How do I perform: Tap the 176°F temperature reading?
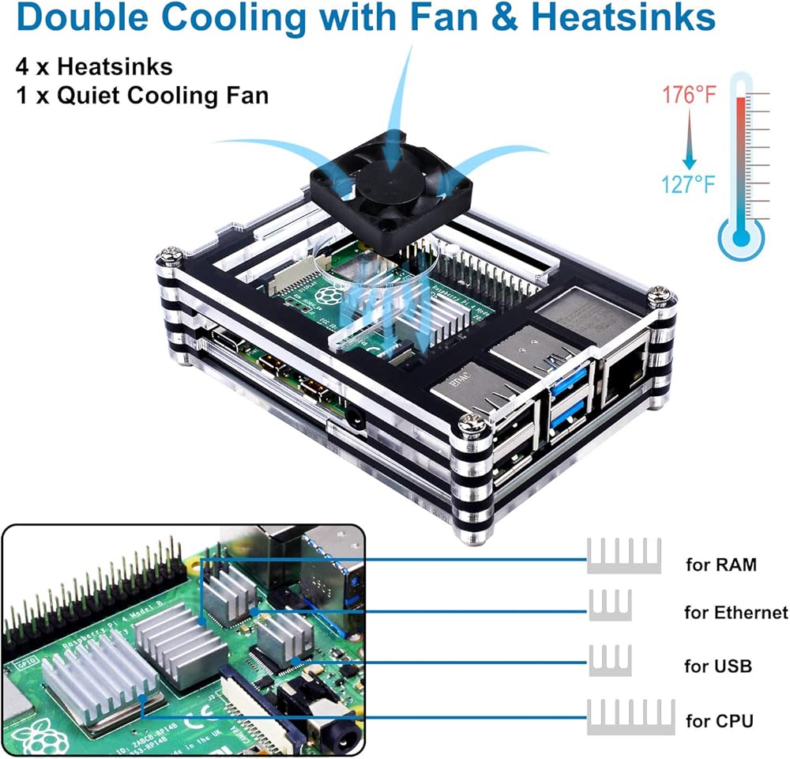690,96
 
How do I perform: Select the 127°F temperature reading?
689,184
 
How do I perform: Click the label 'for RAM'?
720,565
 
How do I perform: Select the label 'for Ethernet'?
735,612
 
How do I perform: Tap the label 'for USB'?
718,666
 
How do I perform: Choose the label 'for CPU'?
719,720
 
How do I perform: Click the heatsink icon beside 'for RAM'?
623,555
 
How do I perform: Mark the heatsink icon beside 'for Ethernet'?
610,605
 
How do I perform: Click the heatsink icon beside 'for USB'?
610,660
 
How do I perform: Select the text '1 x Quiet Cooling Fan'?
141,96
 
